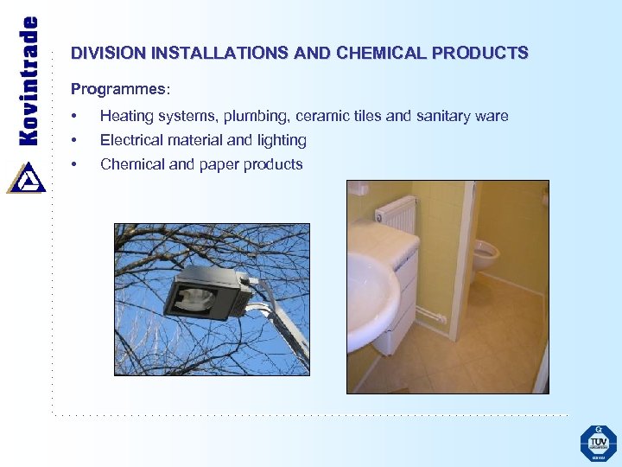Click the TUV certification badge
598,443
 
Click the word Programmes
119,90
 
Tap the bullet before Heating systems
76,117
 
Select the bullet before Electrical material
76,141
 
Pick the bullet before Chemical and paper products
76,165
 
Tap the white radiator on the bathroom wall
397,213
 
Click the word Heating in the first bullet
126,117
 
